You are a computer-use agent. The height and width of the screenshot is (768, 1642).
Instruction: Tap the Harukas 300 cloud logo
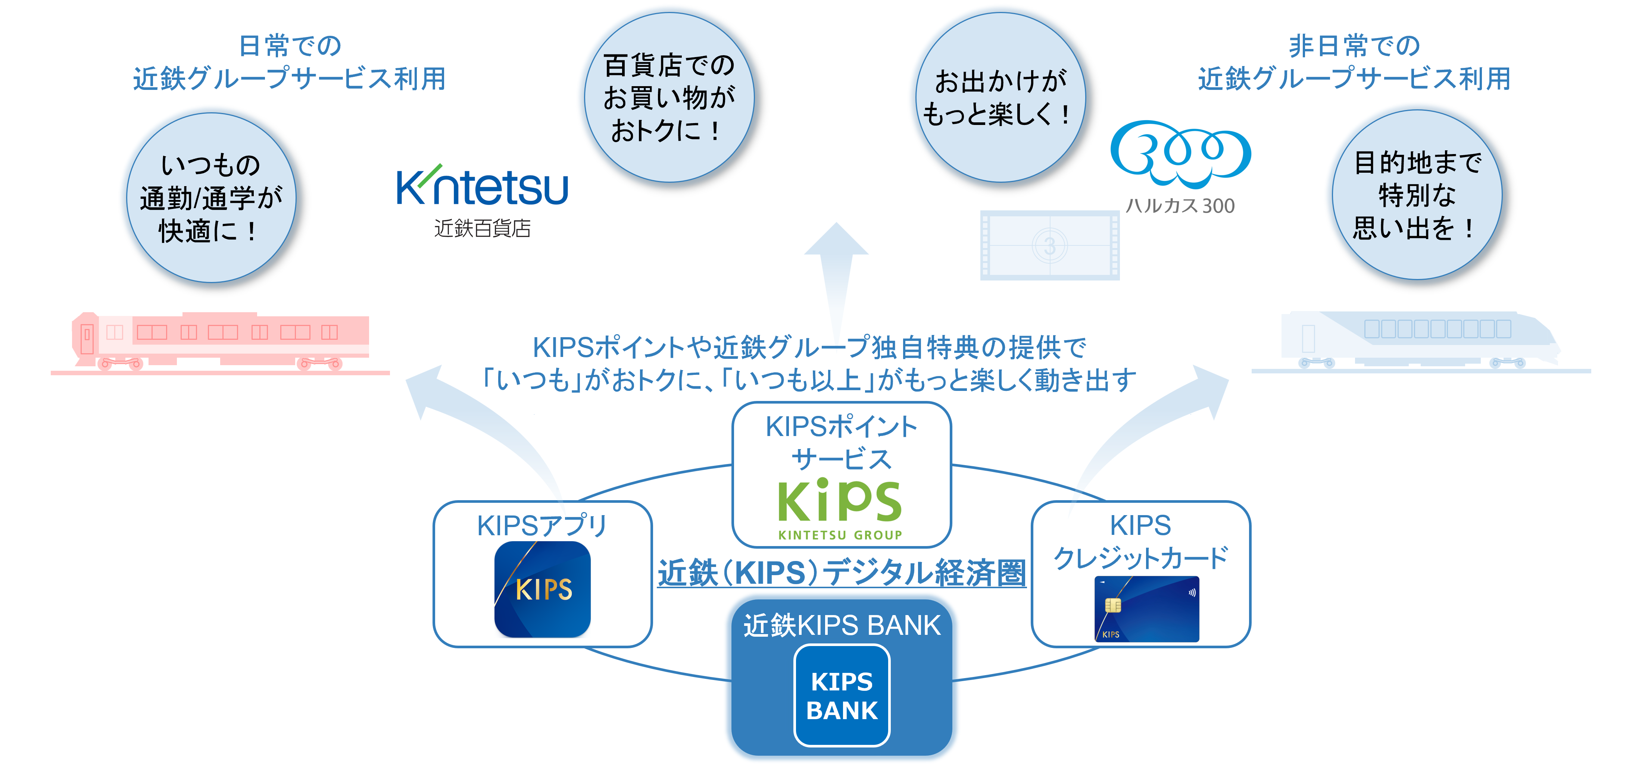point(1180,154)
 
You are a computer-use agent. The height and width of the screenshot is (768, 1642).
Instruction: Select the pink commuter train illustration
point(220,342)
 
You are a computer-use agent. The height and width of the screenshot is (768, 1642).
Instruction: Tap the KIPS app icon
point(543,589)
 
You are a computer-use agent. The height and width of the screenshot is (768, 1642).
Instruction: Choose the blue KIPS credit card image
point(1147,609)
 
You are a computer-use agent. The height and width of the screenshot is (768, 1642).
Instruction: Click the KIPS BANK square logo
point(842,695)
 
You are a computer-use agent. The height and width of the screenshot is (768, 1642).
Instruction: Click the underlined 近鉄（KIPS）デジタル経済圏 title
point(842,572)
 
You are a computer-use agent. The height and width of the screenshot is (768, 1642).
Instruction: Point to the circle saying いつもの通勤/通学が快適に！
point(212,198)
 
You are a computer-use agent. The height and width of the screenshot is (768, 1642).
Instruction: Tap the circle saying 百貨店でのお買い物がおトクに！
point(669,97)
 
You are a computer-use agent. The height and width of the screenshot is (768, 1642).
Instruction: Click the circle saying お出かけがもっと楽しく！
point(1000,97)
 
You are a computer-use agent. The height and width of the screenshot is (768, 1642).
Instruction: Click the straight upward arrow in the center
point(836,280)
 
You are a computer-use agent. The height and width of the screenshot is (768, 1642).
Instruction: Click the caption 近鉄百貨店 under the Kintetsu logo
point(482,228)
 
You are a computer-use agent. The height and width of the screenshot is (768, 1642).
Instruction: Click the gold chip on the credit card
point(1112,605)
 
